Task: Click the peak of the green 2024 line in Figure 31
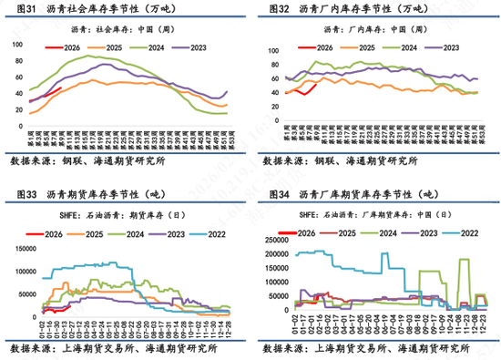point(91,57)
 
